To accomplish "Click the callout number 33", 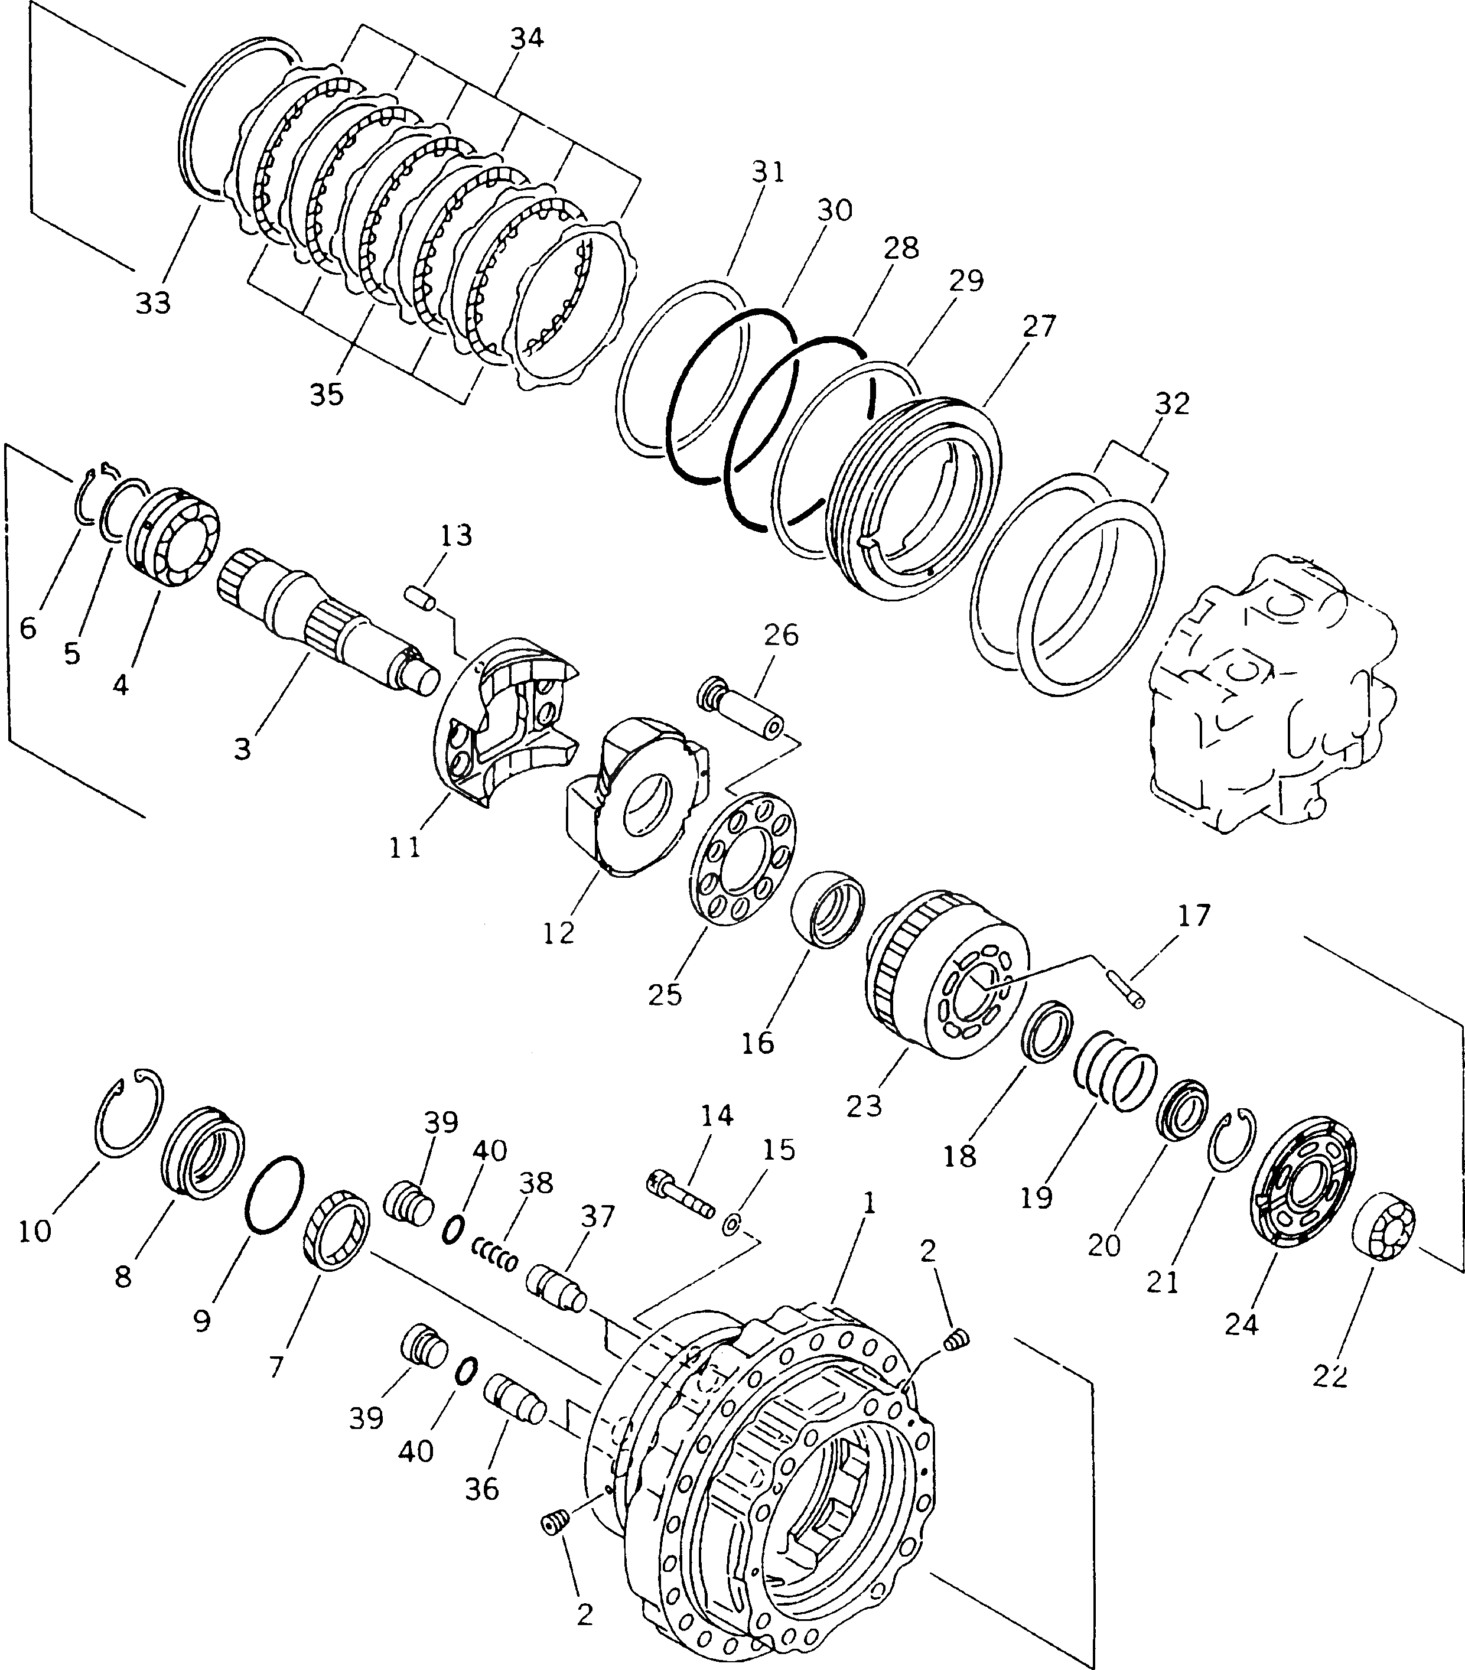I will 153,302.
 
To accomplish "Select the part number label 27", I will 1038,326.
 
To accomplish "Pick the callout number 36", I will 481,1488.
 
